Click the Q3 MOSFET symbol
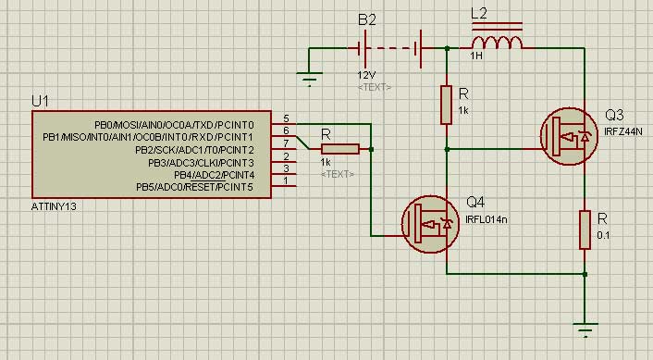[x=569, y=136]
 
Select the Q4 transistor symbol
[x=431, y=224]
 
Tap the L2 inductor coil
[x=497, y=43]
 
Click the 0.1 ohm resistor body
[x=585, y=230]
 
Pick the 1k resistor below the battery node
[x=447, y=105]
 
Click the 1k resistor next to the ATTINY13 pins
[x=340, y=149]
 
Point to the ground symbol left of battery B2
[x=310, y=79]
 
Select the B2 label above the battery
[x=367, y=20]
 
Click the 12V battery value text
[x=366, y=75]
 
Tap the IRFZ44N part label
[x=623, y=131]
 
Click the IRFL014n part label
[x=486, y=219]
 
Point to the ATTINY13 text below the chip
[x=54, y=206]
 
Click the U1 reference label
[x=40, y=101]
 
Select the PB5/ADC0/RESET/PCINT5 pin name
[x=194, y=187]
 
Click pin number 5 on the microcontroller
[x=286, y=118]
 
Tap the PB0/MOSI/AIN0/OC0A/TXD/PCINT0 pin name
[x=174, y=125]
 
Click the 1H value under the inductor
[x=476, y=56]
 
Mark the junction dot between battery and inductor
[x=447, y=48]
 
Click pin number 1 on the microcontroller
[x=286, y=180]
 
